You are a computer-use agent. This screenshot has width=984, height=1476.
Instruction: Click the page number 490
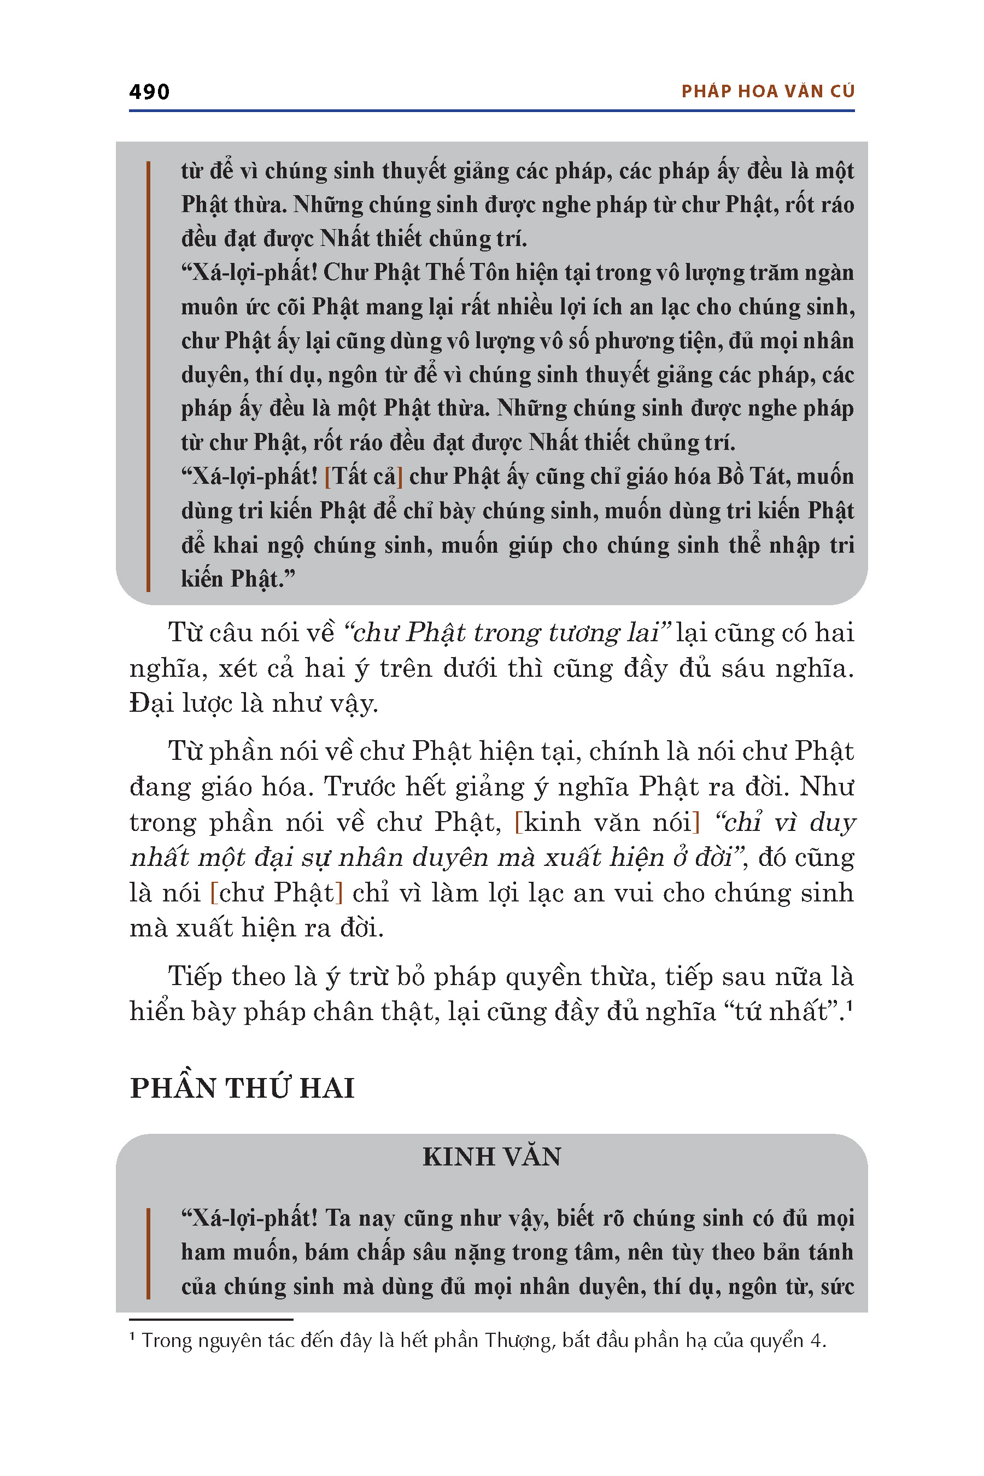[x=149, y=92]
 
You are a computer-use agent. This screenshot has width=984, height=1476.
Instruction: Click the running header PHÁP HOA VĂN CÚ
[x=768, y=92]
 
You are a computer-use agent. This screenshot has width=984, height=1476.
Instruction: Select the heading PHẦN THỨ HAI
[x=242, y=1088]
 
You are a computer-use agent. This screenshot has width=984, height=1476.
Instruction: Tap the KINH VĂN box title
[x=491, y=1157]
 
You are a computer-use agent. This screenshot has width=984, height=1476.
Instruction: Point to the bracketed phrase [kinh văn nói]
[x=607, y=822]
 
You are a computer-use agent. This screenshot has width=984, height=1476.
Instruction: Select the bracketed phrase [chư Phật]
[x=277, y=892]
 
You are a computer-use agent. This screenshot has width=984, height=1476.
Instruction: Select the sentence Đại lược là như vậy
[x=254, y=703]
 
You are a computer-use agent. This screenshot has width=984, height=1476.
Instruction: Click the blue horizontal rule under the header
[x=491, y=111]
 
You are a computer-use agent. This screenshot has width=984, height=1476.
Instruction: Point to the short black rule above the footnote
[x=211, y=1320]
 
